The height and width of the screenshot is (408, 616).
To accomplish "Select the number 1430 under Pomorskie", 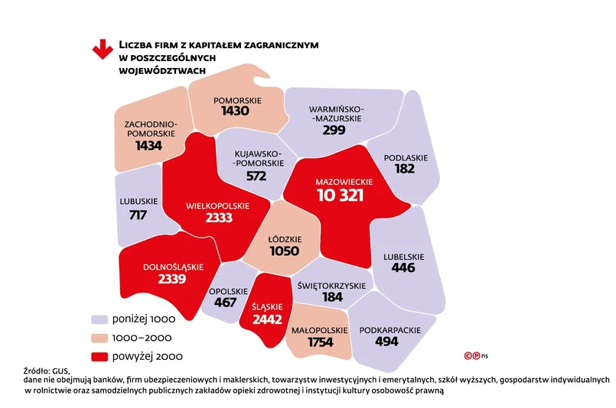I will point(236,112).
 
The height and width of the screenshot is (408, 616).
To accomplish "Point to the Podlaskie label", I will point(406,157).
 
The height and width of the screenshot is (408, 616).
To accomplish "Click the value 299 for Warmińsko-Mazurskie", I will point(334,131).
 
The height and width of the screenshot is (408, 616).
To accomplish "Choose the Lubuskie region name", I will point(139,202).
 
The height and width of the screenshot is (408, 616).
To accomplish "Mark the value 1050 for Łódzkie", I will point(284,251).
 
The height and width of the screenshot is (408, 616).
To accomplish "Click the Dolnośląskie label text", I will point(173,266).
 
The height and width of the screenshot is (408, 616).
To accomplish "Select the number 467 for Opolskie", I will point(225,302).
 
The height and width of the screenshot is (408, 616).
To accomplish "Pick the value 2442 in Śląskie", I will point(267,318).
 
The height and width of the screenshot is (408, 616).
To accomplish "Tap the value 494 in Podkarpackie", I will point(387,342).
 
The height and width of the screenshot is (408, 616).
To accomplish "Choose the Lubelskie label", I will point(403,257).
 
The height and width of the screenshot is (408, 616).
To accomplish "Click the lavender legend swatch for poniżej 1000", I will point(99,319).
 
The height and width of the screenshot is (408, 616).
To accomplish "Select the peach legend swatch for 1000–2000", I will point(99,337).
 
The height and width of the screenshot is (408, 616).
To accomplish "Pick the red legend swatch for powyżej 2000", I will point(99,356).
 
